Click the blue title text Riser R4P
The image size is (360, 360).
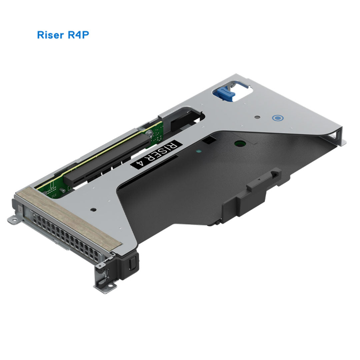tap(63, 35)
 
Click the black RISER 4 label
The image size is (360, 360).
tap(155, 154)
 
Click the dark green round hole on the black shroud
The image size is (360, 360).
tap(240, 144)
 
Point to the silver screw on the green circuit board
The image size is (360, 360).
tap(149, 134)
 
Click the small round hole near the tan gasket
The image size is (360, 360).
tap(93, 210)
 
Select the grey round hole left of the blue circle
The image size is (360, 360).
tap(257, 118)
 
